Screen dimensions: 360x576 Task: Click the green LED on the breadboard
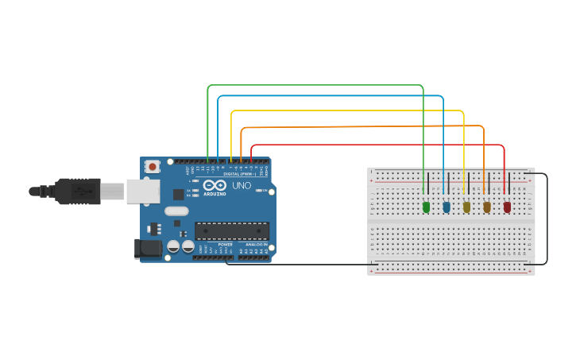[426, 207]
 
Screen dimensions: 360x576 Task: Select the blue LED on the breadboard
[446, 207]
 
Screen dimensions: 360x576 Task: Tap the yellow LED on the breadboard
[466, 207]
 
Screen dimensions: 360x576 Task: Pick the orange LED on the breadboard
[487, 207]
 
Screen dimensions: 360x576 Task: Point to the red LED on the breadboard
[507, 207]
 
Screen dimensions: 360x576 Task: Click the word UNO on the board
[242, 185]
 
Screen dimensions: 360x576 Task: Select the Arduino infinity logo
[215, 185]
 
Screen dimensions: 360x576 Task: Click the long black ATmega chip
[232, 230]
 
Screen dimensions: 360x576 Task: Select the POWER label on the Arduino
[225, 244]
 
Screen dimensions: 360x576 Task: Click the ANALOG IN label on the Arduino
[254, 244]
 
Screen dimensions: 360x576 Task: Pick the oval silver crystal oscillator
[176, 211]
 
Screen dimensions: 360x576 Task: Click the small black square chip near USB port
[178, 194]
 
